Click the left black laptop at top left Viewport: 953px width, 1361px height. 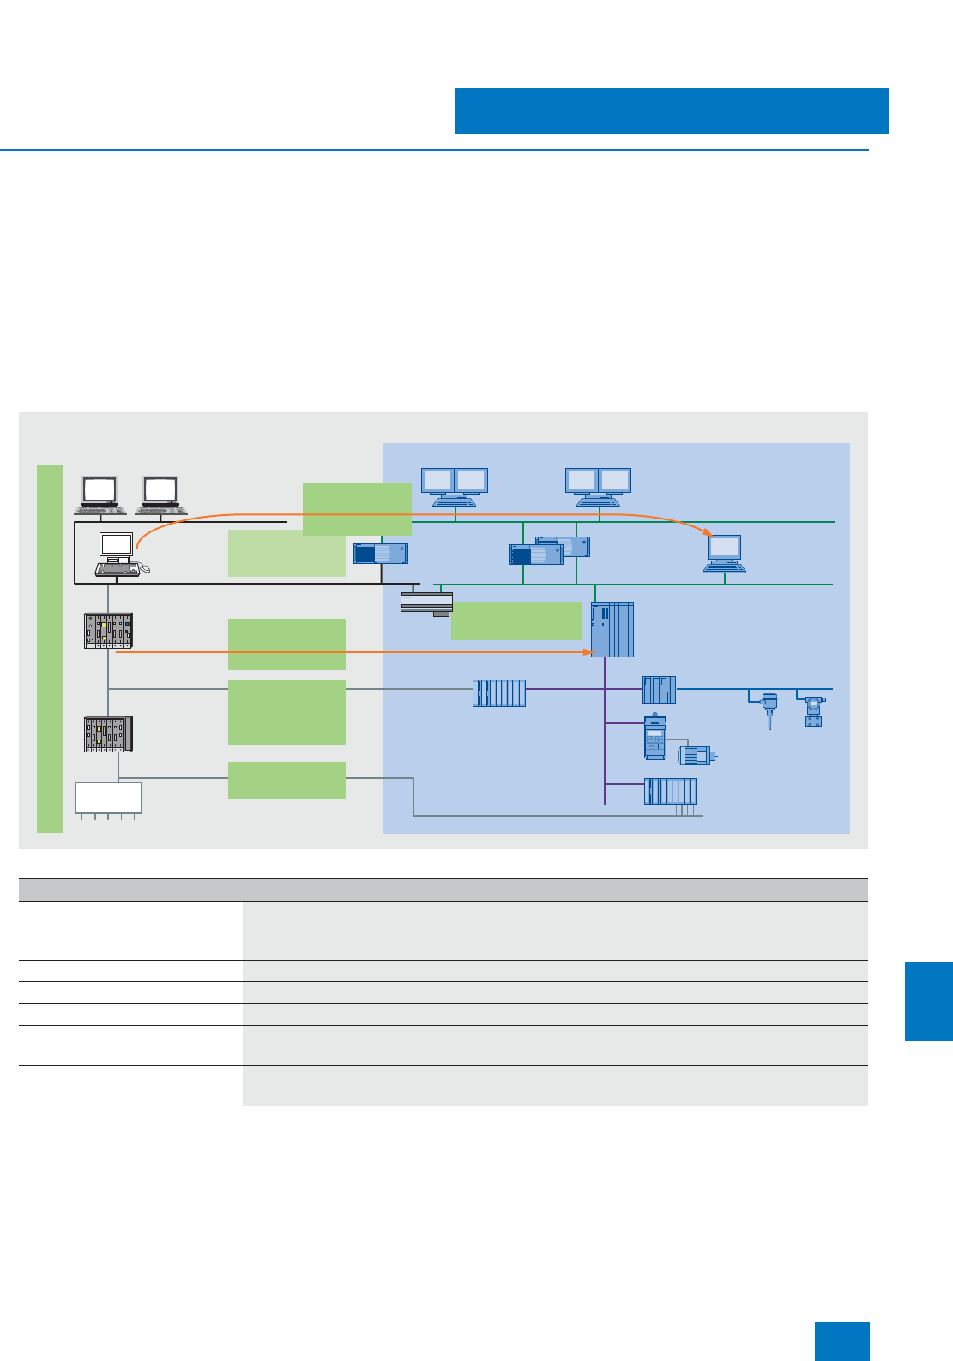[100, 494]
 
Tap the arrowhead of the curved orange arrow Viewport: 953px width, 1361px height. [709, 532]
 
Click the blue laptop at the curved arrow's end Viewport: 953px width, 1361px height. [724, 554]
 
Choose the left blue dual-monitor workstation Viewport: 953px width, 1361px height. [455, 487]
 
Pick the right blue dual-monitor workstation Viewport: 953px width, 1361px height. [598, 487]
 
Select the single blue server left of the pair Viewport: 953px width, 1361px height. [381, 554]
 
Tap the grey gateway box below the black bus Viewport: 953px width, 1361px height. [426, 603]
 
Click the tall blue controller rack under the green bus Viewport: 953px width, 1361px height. [612, 629]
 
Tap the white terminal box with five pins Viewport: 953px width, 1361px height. [108, 798]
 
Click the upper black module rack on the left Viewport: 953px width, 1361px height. [109, 630]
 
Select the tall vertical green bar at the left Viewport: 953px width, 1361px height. [50, 649]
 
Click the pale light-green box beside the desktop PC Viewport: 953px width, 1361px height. [287, 554]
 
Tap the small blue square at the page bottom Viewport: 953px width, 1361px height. [841, 1341]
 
